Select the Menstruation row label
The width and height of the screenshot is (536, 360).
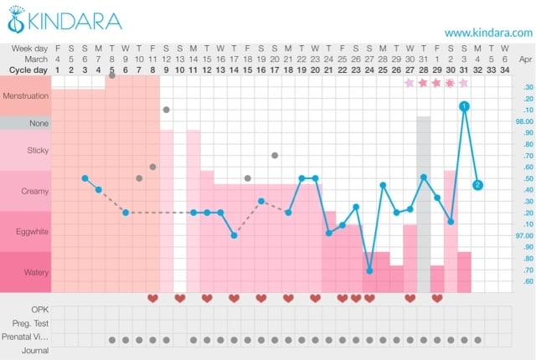tap(26, 96)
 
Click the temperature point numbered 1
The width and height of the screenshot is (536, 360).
tap(464, 106)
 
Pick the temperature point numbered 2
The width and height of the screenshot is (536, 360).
tap(477, 185)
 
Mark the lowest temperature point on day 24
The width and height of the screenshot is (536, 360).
tap(369, 270)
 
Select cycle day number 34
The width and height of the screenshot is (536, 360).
tap(504, 69)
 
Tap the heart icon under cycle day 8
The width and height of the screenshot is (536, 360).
tap(152, 297)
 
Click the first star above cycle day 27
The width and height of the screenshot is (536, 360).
tap(410, 83)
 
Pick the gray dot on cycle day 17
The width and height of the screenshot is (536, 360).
tap(275, 156)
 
